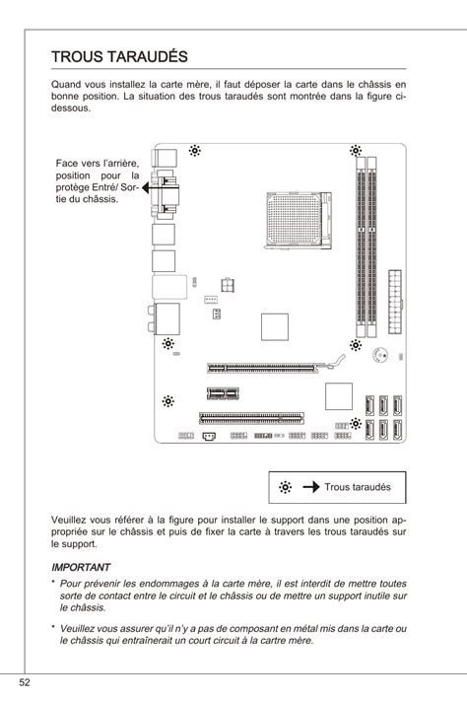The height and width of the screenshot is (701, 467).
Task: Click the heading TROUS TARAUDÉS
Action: (x=119, y=57)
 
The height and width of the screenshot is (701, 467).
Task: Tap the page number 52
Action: (x=24, y=682)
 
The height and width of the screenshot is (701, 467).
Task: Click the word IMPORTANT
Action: (x=81, y=567)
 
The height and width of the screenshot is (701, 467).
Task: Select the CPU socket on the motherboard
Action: (x=299, y=221)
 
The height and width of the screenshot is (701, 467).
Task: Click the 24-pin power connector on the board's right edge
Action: (x=395, y=302)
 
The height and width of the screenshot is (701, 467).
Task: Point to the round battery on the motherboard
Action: (x=380, y=355)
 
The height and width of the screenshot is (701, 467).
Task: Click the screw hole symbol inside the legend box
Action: (x=285, y=487)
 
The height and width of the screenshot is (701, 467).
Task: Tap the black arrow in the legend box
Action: (x=311, y=487)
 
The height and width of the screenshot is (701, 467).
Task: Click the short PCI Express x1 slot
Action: (x=223, y=393)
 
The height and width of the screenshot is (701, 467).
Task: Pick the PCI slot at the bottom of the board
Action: (x=251, y=418)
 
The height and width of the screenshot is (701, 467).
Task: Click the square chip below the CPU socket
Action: (x=275, y=326)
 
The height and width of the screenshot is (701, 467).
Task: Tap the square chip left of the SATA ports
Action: (x=338, y=396)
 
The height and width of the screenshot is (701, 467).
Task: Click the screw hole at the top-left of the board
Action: (x=194, y=151)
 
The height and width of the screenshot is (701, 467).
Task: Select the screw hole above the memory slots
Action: (x=356, y=151)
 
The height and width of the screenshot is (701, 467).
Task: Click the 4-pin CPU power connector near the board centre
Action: (x=228, y=285)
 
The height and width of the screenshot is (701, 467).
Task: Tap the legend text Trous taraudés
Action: (x=358, y=487)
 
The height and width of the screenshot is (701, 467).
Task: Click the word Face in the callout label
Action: (x=67, y=164)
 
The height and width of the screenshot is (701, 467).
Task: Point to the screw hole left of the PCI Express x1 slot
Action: (x=168, y=401)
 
